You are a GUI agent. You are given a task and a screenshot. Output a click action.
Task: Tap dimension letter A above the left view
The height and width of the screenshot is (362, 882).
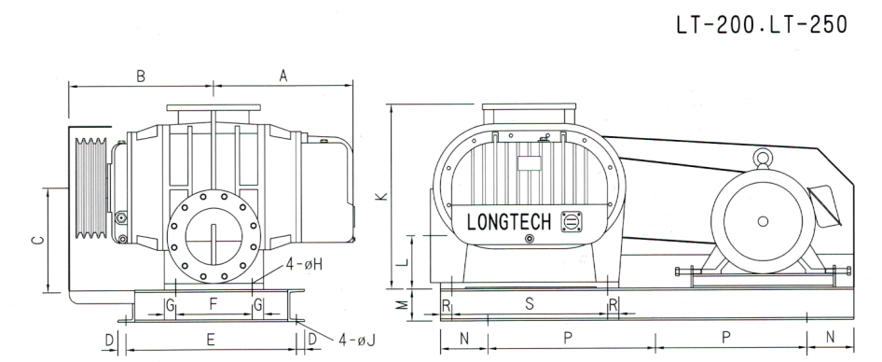(283, 78)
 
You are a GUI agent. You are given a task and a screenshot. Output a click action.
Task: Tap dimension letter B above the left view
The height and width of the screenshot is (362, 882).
(141, 77)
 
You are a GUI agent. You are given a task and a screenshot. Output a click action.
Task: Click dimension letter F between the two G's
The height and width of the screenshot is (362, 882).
(213, 304)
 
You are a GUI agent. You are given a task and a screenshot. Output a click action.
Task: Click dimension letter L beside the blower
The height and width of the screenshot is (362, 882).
(404, 263)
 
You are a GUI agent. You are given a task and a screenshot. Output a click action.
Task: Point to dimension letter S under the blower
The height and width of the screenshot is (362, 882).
(528, 305)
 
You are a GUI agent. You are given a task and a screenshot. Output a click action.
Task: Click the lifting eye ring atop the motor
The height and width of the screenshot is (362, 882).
(763, 160)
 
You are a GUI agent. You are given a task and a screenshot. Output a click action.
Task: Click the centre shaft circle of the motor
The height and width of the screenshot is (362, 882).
(764, 221)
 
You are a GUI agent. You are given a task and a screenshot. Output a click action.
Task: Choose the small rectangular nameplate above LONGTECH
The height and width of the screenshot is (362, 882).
(529, 162)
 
